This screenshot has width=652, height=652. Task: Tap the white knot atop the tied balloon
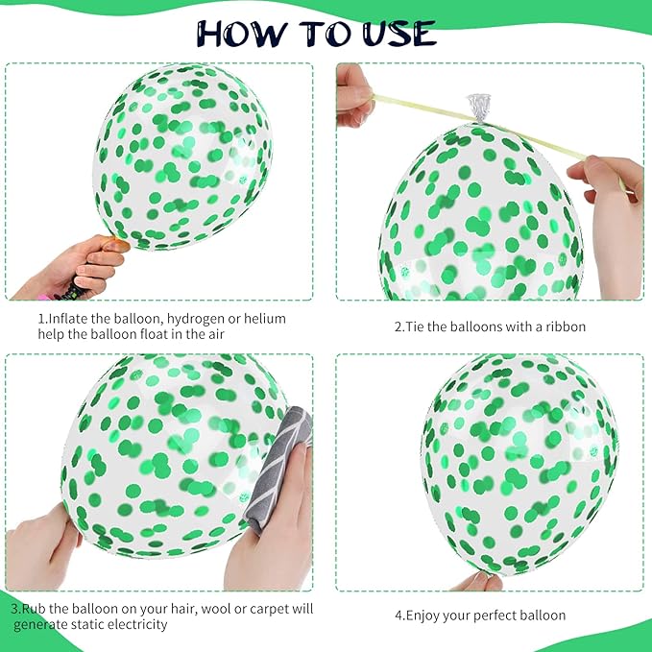click(479, 104)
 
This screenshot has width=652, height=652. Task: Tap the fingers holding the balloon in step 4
click(478, 581)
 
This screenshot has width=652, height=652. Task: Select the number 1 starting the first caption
click(41, 318)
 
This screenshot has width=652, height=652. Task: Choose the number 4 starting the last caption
click(398, 616)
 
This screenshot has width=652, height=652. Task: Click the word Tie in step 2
click(417, 326)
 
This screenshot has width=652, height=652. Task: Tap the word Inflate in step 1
click(67, 318)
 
